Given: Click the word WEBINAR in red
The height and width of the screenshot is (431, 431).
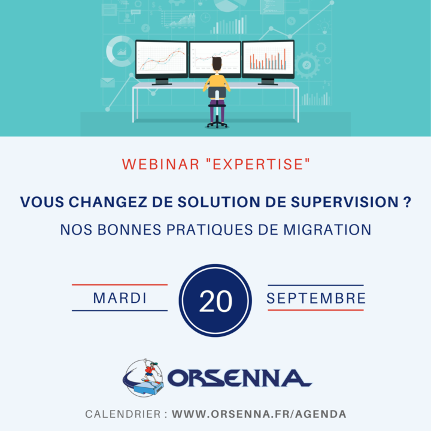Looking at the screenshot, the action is point(160,164).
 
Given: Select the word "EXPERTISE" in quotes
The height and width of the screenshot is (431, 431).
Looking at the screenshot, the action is point(258,164).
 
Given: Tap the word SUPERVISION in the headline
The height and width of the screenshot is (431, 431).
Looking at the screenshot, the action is point(345,202).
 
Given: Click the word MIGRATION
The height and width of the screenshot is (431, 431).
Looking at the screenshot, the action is point(327,230).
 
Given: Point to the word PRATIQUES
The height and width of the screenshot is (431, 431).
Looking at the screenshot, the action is point(210,230).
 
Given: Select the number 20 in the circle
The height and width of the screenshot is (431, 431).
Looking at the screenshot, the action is point(215,301).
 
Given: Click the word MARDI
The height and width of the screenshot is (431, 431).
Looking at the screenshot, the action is point(120,298).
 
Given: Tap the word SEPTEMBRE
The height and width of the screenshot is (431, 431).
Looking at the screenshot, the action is point(316,298).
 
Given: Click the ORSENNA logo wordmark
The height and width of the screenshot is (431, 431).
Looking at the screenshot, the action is point(239,378).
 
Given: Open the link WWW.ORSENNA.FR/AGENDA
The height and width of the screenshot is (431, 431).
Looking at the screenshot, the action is point(259,414).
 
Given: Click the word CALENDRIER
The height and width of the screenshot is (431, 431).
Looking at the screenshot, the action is point(123,414).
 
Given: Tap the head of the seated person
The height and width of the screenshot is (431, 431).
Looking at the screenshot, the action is point(217,63).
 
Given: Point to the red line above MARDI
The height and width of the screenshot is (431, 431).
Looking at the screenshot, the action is point(120,285).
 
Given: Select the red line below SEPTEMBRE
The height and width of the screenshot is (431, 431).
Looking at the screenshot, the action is point(316,310).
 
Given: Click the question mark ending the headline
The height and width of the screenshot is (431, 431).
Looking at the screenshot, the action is point(408,202).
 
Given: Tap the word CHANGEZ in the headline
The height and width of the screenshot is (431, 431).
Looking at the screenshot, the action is point(108,202).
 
